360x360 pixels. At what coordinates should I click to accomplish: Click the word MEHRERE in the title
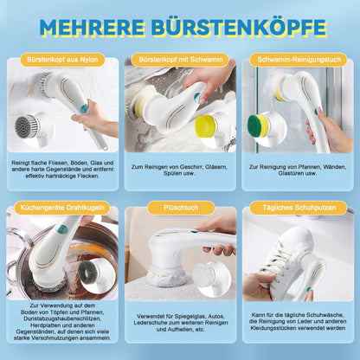(x=92, y=28)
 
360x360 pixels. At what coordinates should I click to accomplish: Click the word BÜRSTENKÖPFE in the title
(x=239, y=27)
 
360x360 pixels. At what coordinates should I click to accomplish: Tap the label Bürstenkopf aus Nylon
(x=62, y=60)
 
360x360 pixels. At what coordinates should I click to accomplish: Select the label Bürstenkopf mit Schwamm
(x=181, y=60)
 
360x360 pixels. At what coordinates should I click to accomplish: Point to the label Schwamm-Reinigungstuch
(x=299, y=60)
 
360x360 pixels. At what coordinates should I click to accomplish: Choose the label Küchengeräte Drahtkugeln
(x=62, y=208)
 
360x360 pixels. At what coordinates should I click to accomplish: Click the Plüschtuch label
(x=181, y=208)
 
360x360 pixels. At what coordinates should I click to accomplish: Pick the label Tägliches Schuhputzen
(x=299, y=208)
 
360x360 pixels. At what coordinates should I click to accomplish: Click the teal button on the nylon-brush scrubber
(x=84, y=108)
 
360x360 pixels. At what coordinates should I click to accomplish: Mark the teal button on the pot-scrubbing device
(x=62, y=229)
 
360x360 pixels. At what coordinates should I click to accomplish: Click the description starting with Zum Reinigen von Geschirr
(x=179, y=170)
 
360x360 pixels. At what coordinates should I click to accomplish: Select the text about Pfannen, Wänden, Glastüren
(x=298, y=170)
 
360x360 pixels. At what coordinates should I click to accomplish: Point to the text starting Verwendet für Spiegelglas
(x=181, y=323)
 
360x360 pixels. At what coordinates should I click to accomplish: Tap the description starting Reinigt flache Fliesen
(x=62, y=169)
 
